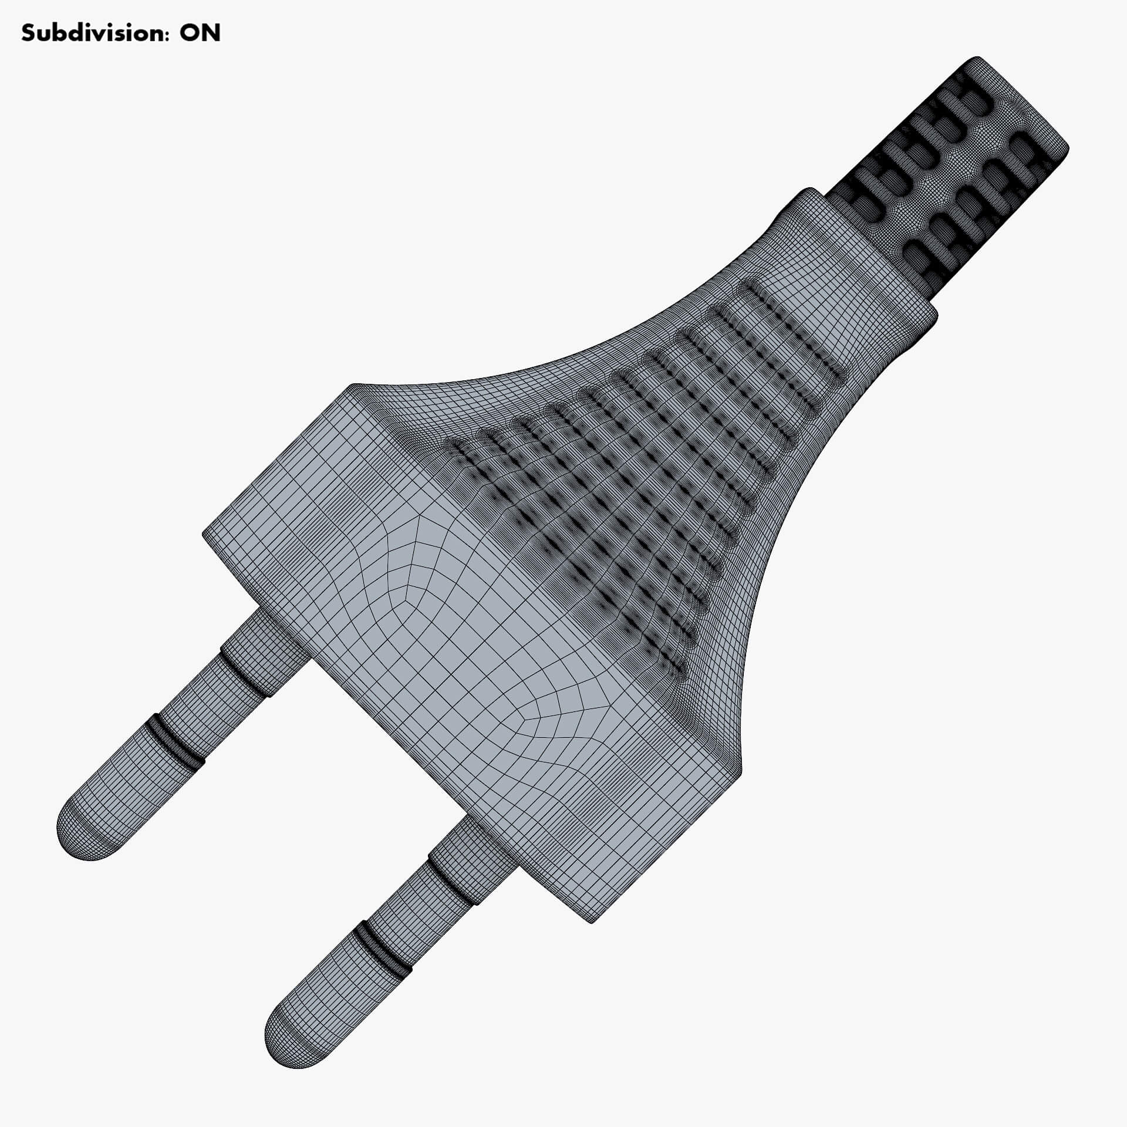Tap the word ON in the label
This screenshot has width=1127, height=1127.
tap(200, 33)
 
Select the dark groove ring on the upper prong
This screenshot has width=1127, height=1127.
tap(176, 742)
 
